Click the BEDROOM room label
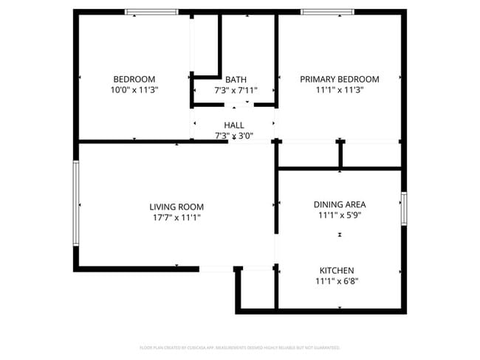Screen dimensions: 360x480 pos(134,80)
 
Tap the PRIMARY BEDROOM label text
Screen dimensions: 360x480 pos(339,80)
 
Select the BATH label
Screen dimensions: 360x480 pos(236,80)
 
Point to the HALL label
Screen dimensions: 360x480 pos(233,125)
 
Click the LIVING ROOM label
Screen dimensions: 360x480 pos(176,207)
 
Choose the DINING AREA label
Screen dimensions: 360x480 pos(340,204)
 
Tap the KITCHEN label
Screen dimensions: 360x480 pos(337,271)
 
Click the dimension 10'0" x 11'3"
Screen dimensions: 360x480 pos(134,90)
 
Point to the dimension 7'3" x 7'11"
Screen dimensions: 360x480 pos(236,90)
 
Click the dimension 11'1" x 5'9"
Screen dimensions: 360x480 pos(340,215)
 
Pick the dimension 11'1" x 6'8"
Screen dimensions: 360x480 pos(337,281)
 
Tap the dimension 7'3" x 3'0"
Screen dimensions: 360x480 pos(233,136)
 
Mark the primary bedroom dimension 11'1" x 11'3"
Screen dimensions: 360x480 pos(339,90)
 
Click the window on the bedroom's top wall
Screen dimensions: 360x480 pos(151,12)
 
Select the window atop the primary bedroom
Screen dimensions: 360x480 pos(326,12)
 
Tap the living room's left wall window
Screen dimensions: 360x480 pos(75,204)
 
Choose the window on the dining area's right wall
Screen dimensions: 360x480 pos(403,209)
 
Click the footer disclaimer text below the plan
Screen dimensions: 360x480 pos(239,347)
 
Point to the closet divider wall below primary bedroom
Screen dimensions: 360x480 pos(340,154)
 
